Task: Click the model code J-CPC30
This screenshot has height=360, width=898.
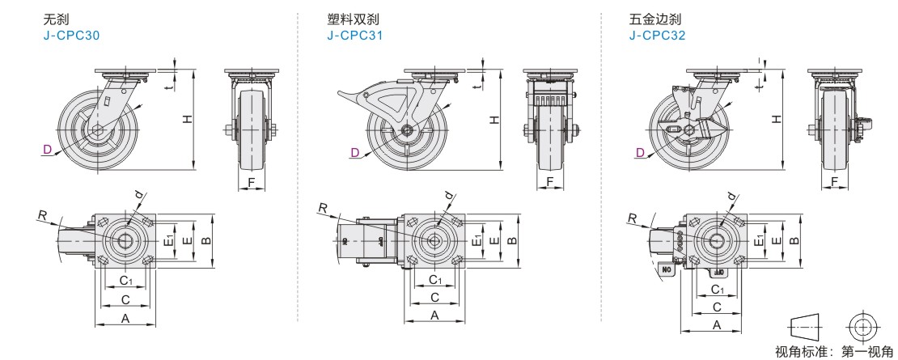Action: click(72, 36)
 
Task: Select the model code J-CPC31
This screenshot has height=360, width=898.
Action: click(355, 36)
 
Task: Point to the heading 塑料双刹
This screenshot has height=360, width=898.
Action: click(353, 19)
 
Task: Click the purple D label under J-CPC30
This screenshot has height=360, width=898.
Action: click(47, 150)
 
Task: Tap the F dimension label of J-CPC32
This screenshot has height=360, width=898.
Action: click(835, 182)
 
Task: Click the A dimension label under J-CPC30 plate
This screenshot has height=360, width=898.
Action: click(125, 319)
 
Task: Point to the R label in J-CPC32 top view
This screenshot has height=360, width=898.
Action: click(631, 217)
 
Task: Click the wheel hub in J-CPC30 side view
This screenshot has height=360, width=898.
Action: click(97, 131)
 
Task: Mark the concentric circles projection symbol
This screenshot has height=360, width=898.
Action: click(862, 327)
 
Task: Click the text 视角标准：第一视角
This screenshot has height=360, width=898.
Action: click(833, 352)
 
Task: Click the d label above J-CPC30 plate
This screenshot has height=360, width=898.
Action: click(140, 195)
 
